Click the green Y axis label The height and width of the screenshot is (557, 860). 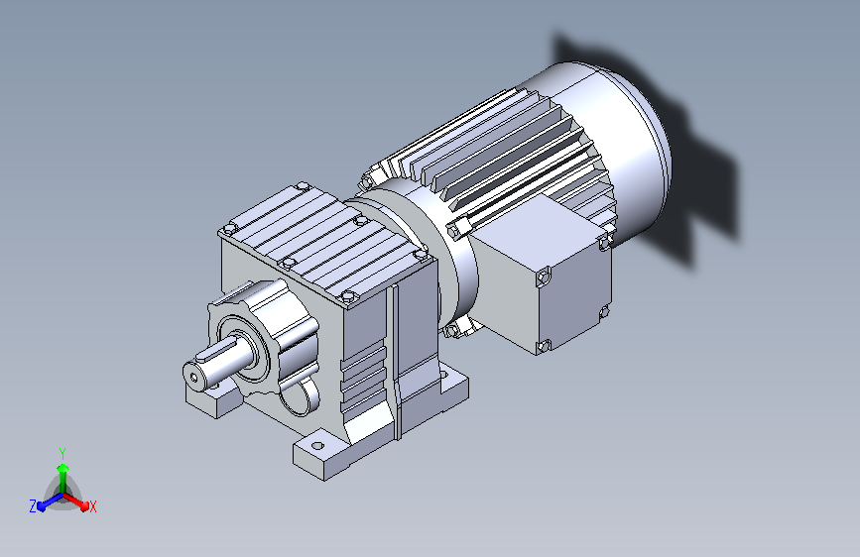[x=62, y=453]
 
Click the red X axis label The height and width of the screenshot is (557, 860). [x=92, y=507]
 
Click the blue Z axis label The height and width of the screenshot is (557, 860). [x=33, y=506]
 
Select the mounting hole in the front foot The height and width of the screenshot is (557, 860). [x=317, y=445]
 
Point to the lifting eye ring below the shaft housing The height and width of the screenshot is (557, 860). [x=301, y=395]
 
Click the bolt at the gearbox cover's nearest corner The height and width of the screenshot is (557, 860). [x=349, y=297]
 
